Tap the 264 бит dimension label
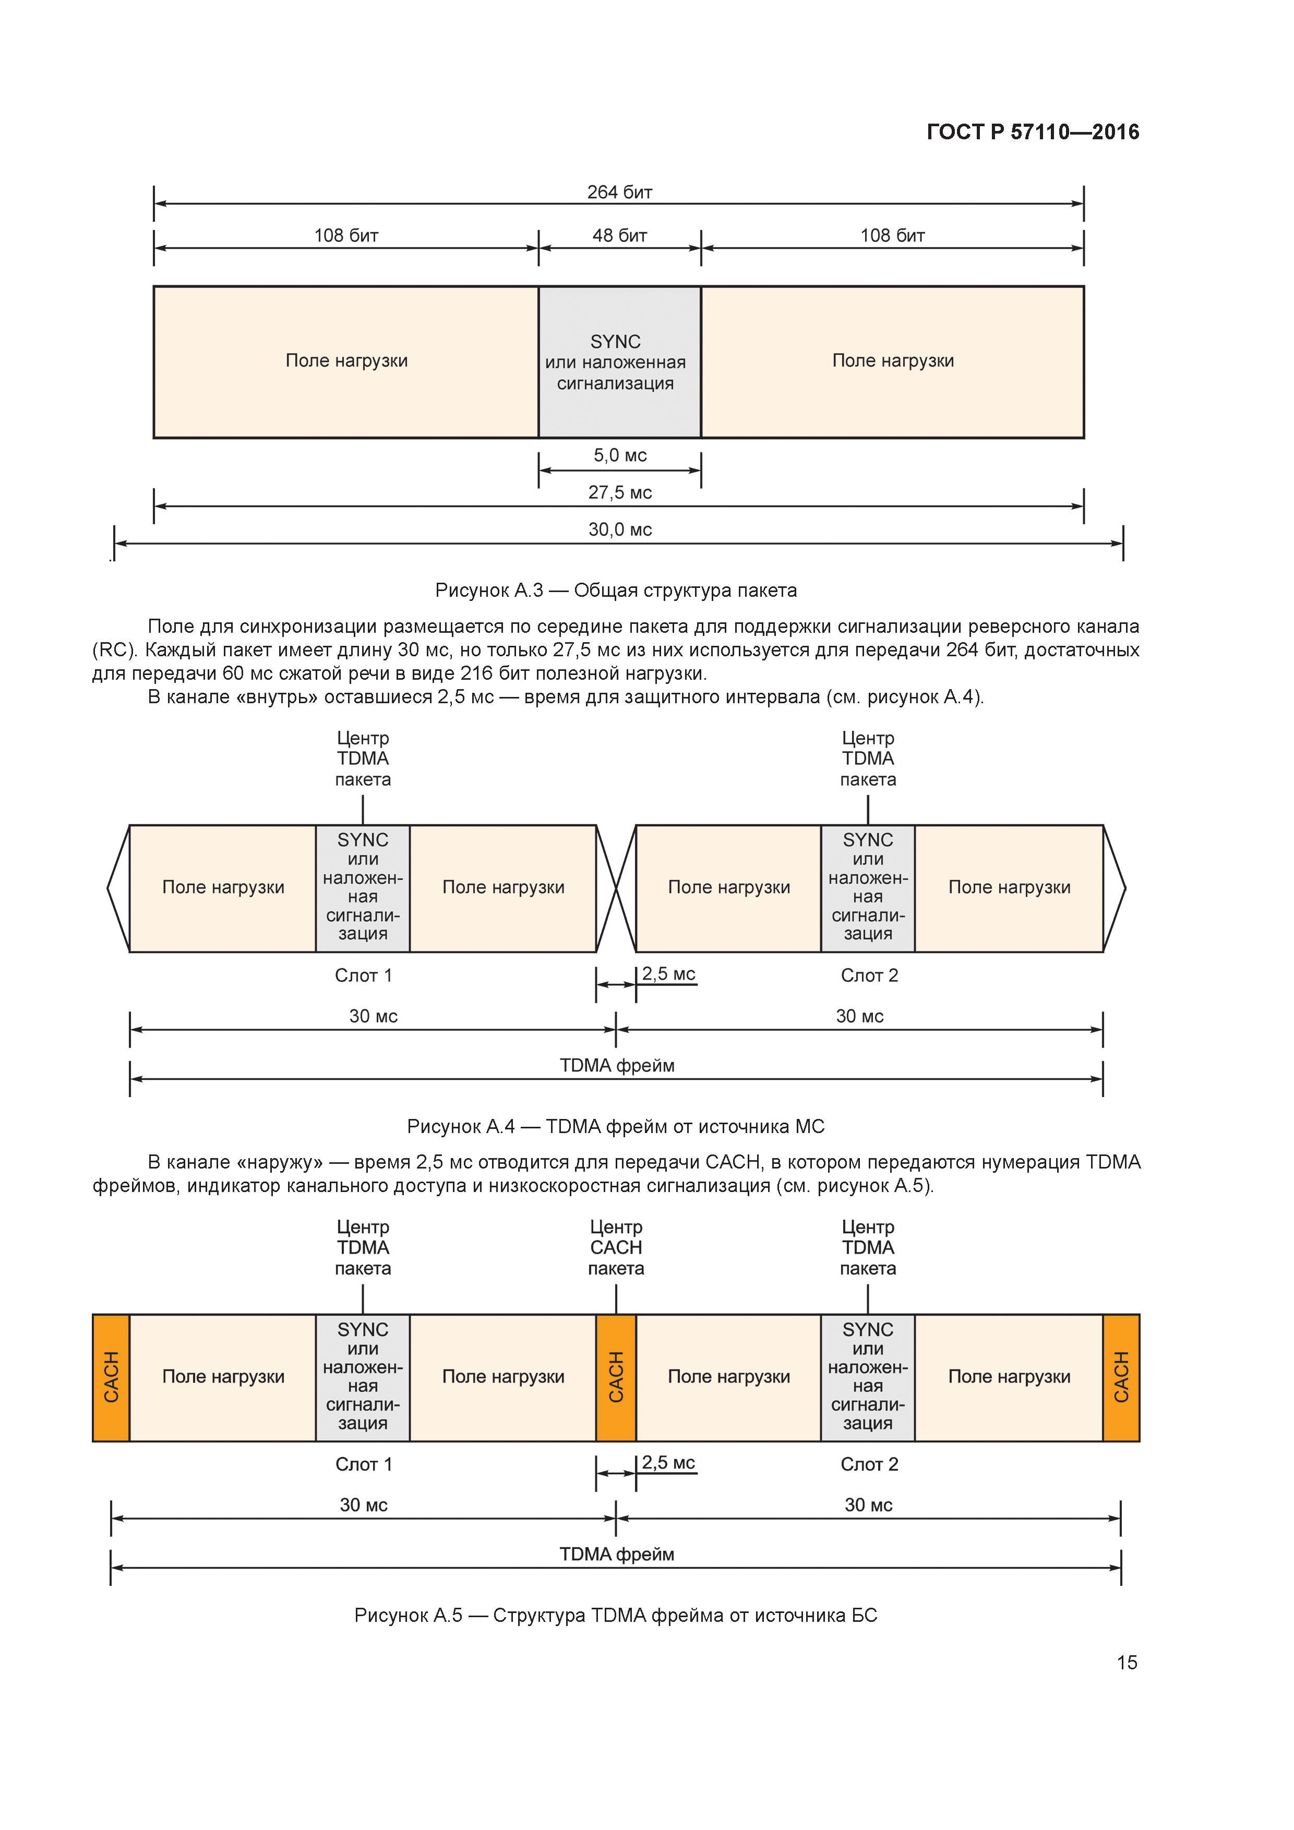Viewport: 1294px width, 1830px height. tap(619, 192)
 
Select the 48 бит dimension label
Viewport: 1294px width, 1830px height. tap(619, 236)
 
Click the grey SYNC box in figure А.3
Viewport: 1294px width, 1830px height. tap(619, 362)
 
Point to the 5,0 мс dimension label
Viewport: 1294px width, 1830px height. tap(619, 455)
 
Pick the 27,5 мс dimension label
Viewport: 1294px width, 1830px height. tap(619, 492)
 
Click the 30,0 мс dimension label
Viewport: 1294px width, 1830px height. tap(619, 529)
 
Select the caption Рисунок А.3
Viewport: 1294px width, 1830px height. tap(616, 590)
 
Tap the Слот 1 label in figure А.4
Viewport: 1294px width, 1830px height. tap(363, 976)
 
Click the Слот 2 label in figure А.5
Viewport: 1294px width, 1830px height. tap(869, 1464)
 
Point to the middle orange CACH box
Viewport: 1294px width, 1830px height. tap(616, 1377)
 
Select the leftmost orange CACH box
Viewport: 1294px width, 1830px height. tap(111, 1377)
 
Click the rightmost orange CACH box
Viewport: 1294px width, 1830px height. tap(1121, 1377)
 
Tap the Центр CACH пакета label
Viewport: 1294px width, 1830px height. tap(616, 1247)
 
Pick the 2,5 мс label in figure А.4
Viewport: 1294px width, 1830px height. tap(668, 974)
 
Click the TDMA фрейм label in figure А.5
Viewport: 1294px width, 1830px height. tap(616, 1554)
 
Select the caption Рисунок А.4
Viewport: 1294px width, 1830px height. tap(616, 1126)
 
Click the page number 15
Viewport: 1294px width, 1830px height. tap(1127, 1663)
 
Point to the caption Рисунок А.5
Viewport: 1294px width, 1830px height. tap(616, 1616)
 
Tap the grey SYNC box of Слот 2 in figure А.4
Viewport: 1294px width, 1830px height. tap(868, 888)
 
